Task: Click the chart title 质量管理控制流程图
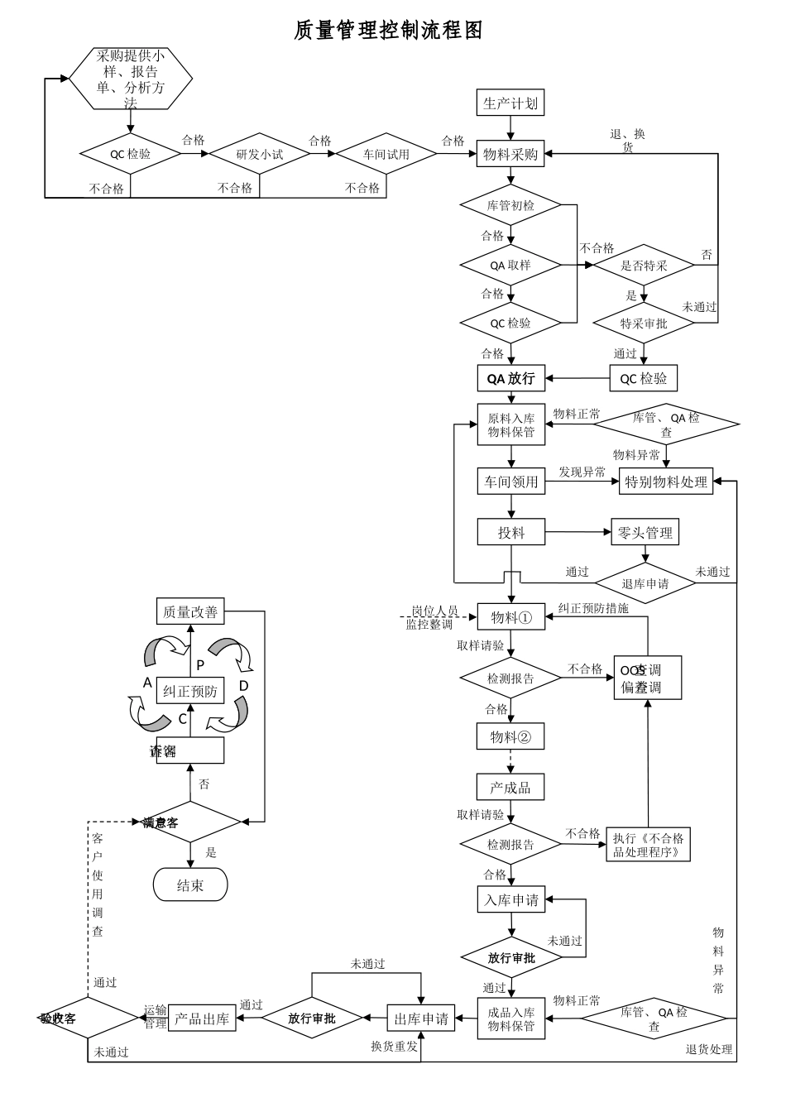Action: point(388,31)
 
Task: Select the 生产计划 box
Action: point(510,103)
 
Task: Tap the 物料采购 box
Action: point(510,154)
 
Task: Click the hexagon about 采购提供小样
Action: point(130,79)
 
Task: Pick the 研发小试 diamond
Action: point(259,154)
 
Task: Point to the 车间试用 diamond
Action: point(386,154)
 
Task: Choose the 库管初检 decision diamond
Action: point(510,205)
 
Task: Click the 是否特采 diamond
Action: point(644,266)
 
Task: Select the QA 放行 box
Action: point(510,379)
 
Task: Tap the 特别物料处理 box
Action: point(666,482)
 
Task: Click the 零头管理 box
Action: point(645,533)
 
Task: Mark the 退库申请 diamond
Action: point(645,583)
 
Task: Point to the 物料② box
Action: point(510,736)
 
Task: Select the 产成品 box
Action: point(510,787)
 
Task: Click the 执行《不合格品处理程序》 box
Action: point(648,845)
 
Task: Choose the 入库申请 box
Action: point(510,900)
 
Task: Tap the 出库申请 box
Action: point(421,1019)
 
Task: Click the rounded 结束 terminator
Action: point(190,885)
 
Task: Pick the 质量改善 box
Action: point(190,612)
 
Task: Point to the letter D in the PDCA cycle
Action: point(243,686)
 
